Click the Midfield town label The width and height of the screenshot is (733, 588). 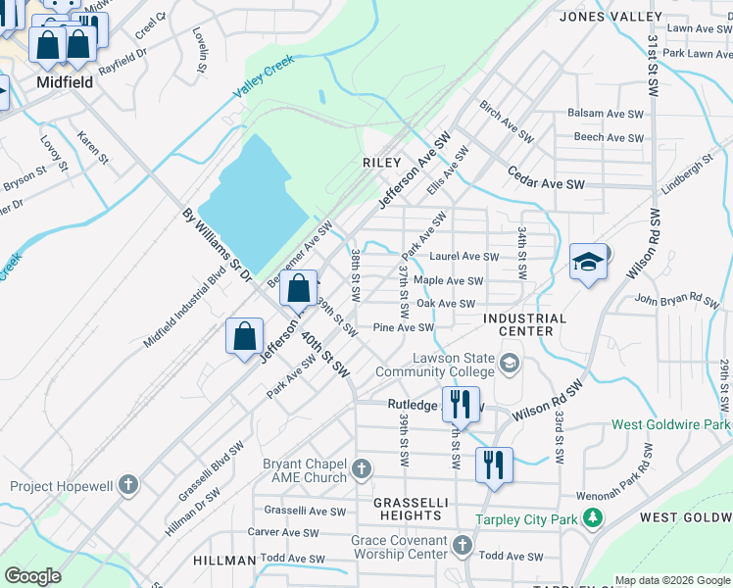coord(65,82)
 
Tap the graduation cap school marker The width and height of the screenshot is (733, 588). coord(588,262)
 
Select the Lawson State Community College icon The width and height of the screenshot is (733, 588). coord(509,365)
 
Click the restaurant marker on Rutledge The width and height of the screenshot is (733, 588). coord(459,402)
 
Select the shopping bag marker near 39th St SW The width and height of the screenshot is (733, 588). coord(299,289)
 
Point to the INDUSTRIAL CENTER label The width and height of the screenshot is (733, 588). coord(523,324)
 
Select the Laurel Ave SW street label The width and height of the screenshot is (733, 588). coord(464,257)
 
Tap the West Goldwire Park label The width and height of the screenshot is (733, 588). coord(671,425)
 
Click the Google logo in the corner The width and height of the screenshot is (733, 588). coord(33,576)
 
